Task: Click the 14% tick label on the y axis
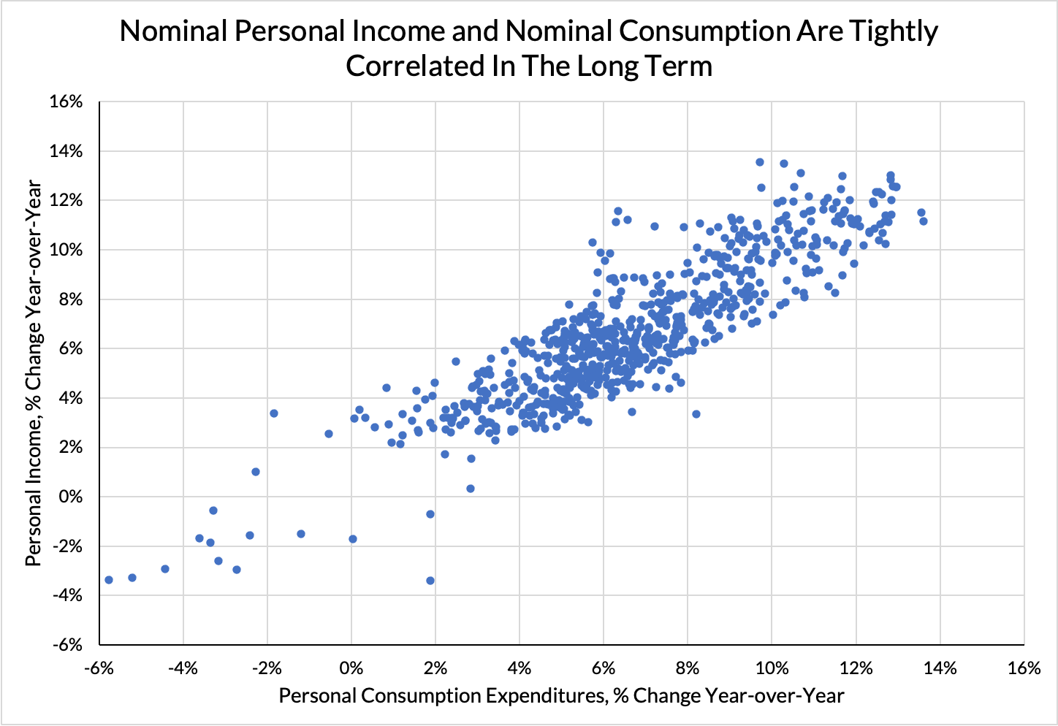66,151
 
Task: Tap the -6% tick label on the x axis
99,668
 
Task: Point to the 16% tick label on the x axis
1024,668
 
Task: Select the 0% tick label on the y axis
70,497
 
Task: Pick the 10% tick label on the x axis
772,668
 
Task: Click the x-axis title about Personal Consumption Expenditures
561,695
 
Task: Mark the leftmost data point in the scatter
109,580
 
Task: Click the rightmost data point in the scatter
924,221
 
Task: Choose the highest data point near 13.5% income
760,162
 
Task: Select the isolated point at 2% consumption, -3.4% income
430,581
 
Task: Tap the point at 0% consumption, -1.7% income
353,539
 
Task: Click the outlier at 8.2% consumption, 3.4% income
696,414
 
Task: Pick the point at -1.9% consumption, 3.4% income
274,413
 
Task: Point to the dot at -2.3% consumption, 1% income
256,472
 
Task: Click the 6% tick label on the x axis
604,668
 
